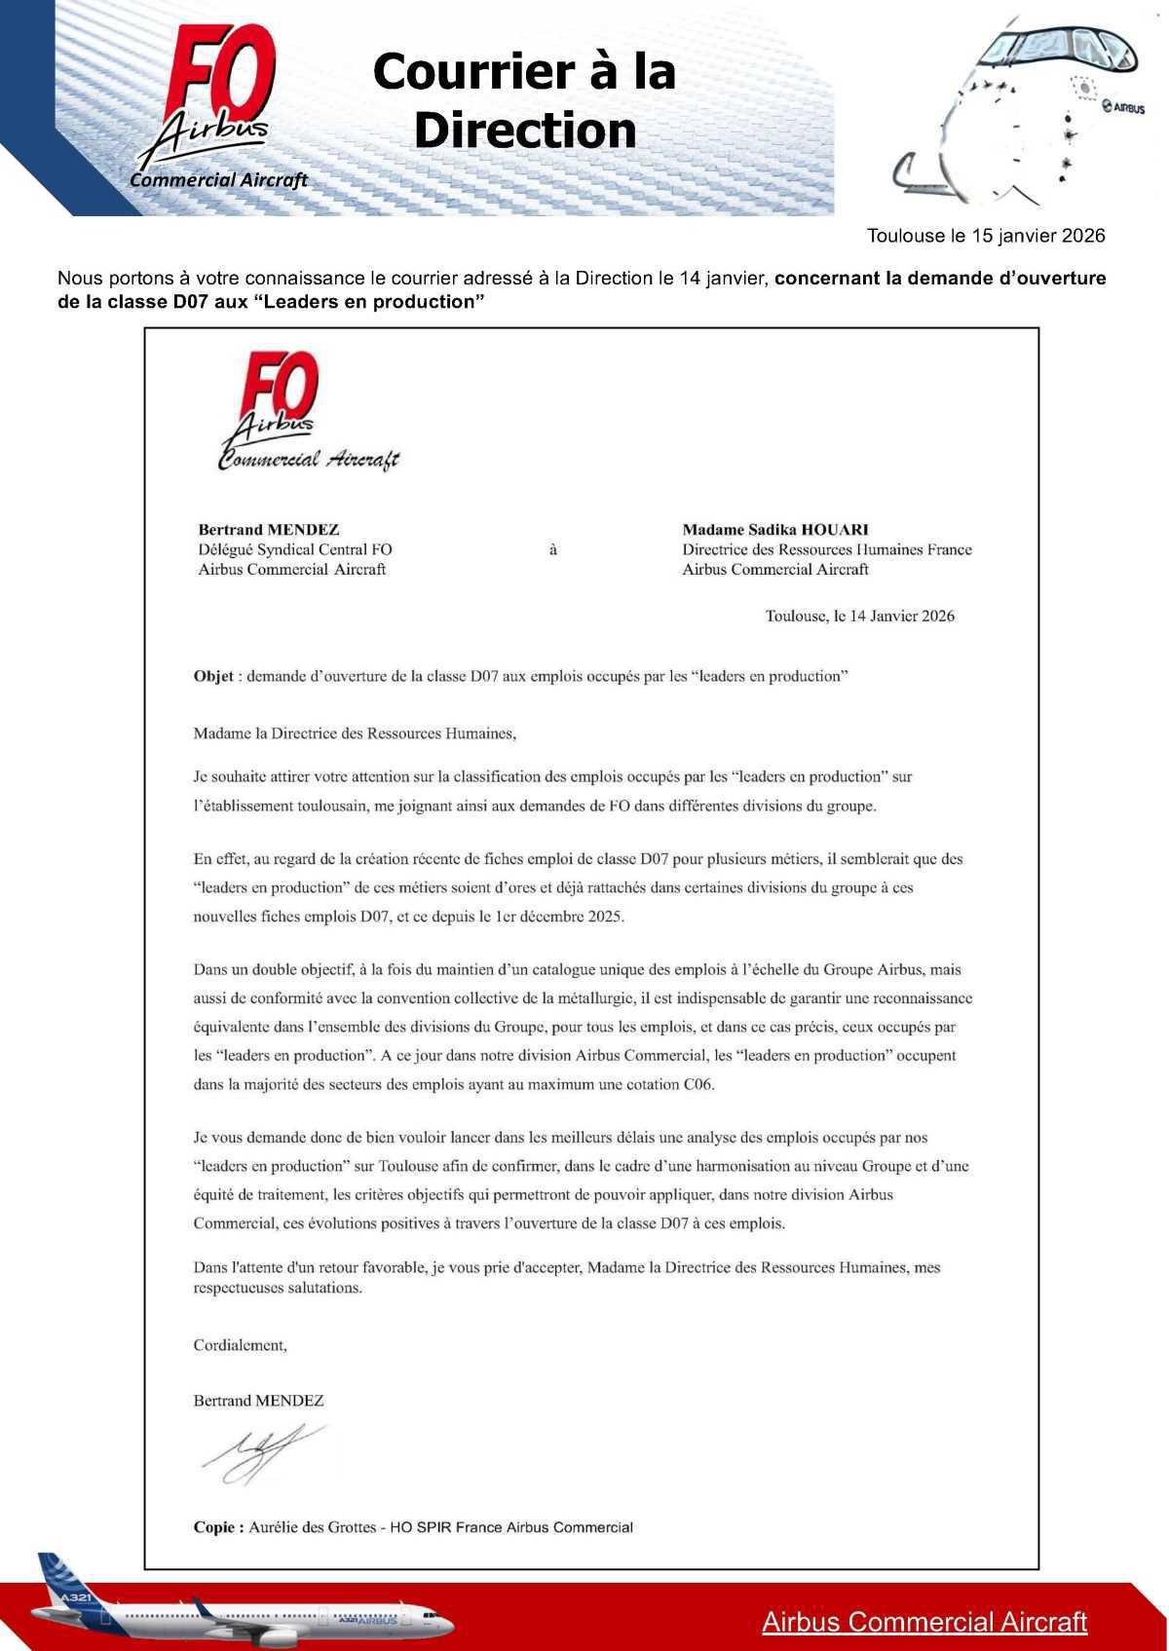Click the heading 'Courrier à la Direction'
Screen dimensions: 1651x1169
524,101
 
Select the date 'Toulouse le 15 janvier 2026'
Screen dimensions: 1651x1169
986,236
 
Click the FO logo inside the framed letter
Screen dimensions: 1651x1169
282,390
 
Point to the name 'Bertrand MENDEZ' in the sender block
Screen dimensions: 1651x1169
269,530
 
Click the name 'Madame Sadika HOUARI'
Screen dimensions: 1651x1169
775,530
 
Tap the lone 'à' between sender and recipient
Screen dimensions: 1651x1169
553,550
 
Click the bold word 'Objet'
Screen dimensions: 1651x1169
213,677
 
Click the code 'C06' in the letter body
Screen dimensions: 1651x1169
698,1084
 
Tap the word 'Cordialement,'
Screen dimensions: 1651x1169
241,1345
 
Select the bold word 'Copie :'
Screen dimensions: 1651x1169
219,1527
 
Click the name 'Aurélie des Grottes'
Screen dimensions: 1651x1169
312,1527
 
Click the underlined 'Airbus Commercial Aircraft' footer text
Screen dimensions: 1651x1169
924,1622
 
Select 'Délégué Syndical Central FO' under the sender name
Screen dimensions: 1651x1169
295,549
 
